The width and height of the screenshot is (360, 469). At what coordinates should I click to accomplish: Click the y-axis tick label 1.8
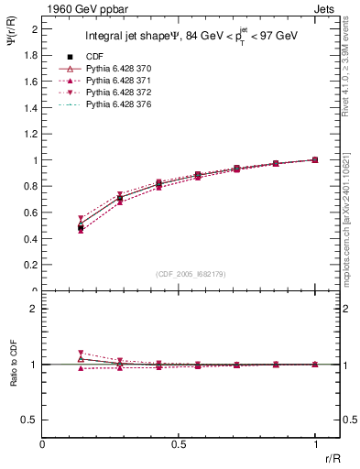point(31,55)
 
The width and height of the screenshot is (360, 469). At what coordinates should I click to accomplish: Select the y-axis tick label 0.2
point(31,266)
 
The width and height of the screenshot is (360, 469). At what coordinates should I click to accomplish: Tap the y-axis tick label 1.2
point(31,134)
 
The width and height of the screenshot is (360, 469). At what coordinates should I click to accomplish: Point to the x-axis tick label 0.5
point(179,443)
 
